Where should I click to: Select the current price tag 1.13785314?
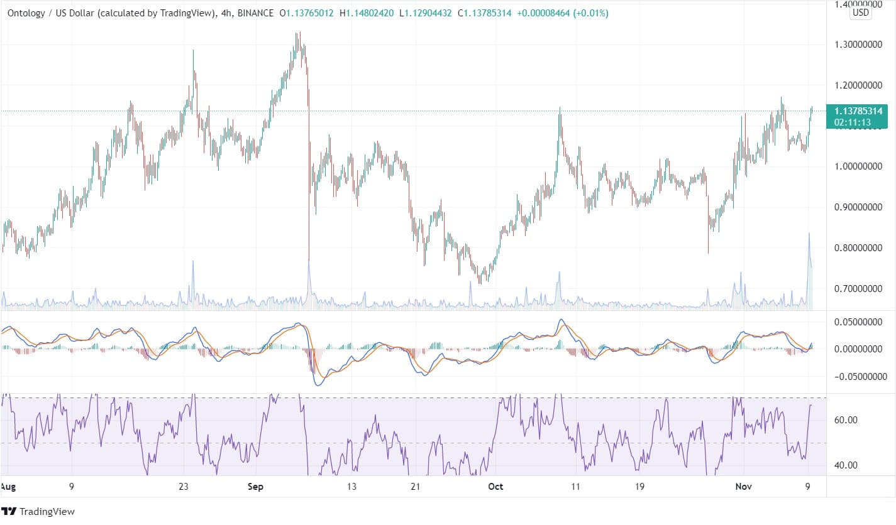pyautogui.click(x=856, y=111)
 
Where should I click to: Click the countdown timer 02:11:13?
pyautogui.click(x=853, y=122)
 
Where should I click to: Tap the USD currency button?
pyautogui.click(x=860, y=12)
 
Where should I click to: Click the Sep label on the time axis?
pyautogui.click(x=255, y=487)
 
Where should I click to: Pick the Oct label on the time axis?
pyautogui.click(x=495, y=487)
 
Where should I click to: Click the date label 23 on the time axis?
pyautogui.click(x=183, y=487)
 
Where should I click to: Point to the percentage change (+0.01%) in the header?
pyautogui.click(x=589, y=13)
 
